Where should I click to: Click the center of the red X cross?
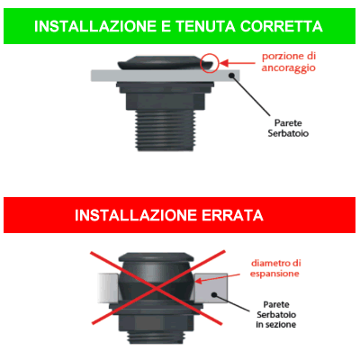(161, 290)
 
